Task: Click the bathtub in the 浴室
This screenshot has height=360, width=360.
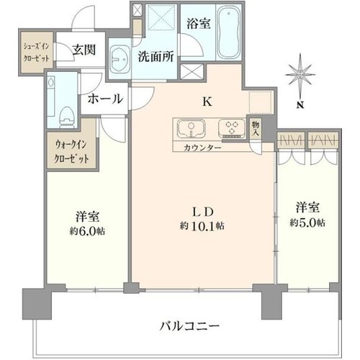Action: tap(229, 32)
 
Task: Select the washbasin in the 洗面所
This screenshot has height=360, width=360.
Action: tap(120, 58)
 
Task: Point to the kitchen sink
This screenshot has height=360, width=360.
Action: tap(191, 129)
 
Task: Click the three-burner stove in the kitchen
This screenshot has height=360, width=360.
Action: tap(232, 128)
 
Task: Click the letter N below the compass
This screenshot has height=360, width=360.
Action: tap(300, 104)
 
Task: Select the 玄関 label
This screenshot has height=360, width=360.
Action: tap(84, 50)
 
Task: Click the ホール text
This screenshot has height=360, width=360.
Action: tap(105, 99)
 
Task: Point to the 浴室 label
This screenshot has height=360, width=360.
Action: tap(199, 24)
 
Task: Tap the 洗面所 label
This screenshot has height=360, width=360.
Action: tap(156, 57)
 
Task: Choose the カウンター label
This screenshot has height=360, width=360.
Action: tap(202, 148)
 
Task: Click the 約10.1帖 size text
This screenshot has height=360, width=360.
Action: tap(202, 226)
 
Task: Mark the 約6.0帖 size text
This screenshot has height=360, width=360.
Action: tap(87, 231)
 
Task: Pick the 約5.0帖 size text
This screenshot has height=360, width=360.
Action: tap(307, 222)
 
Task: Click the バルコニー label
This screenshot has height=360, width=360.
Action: tap(189, 326)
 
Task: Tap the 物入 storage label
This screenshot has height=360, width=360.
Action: tap(256, 129)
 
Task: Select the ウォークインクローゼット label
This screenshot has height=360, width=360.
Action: tap(72, 152)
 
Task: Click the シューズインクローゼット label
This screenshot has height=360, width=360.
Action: tap(36, 53)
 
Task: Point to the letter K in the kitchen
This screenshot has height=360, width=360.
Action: tap(207, 102)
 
